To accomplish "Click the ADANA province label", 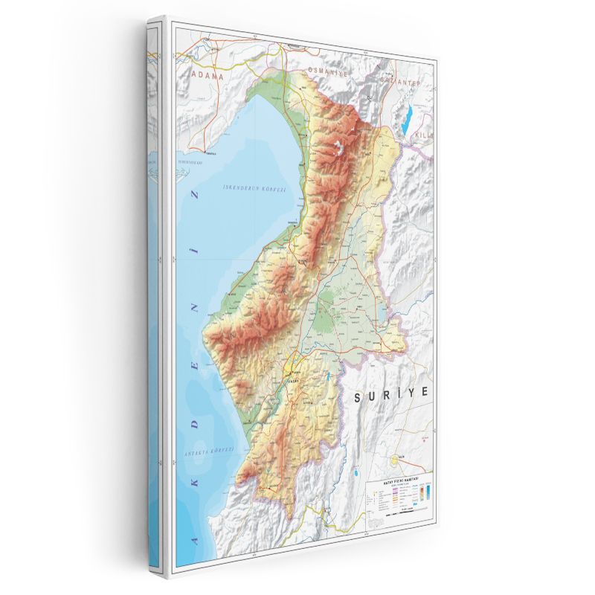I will click(x=208, y=75).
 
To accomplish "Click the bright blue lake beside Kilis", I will click(x=407, y=118).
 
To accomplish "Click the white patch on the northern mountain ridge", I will click(x=341, y=147).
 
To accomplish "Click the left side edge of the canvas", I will click(x=153, y=297).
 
